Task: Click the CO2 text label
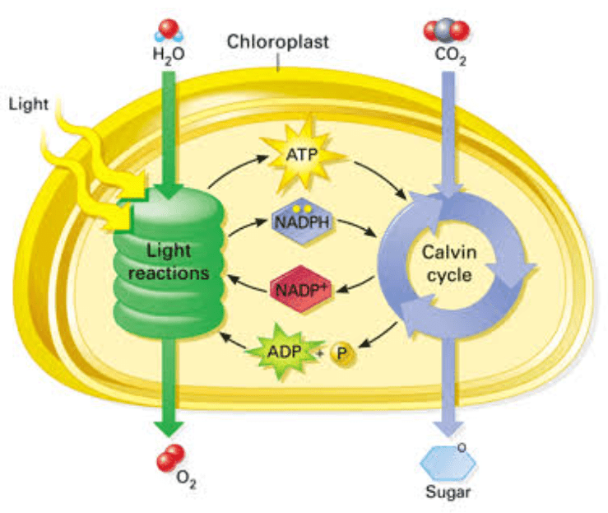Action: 448,56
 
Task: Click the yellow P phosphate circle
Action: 341,352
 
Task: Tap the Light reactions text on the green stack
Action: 169,261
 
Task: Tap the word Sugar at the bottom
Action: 448,494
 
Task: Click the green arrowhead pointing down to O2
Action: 169,426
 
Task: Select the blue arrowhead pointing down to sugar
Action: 447,427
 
